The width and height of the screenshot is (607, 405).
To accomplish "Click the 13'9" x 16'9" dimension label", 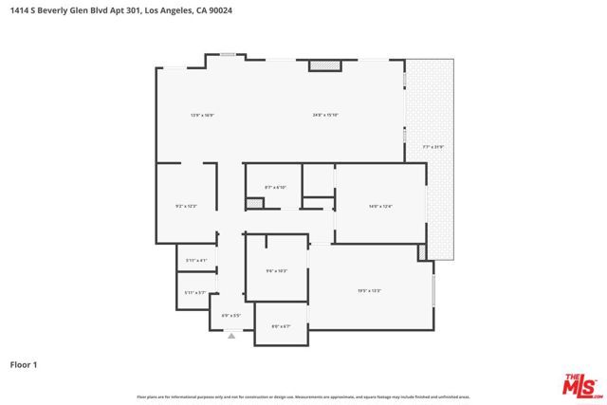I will [202, 116].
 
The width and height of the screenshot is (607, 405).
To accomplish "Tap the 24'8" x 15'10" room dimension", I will [325, 116].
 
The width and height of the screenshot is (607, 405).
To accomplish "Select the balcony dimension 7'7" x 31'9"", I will [432, 147].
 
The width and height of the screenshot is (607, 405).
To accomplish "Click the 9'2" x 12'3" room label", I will [186, 206].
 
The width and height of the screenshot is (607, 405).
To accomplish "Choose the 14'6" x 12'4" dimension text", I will [379, 206].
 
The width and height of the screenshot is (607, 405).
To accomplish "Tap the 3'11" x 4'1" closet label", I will [196, 259].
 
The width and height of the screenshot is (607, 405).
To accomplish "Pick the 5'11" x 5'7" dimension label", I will [196, 293].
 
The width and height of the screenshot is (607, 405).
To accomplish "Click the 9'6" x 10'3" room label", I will [275, 271].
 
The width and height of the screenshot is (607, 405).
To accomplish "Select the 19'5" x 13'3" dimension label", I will [369, 290].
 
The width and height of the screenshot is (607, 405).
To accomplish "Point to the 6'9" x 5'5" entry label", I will [231, 315].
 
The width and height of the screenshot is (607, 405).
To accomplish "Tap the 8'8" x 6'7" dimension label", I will [281, 326].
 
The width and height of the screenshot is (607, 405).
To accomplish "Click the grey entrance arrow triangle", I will [231, 335].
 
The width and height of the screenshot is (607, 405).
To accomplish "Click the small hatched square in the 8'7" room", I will [253, 203].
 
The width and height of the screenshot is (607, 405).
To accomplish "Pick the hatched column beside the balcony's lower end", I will [421, 253].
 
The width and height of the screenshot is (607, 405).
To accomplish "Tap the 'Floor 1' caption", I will [23, 363].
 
